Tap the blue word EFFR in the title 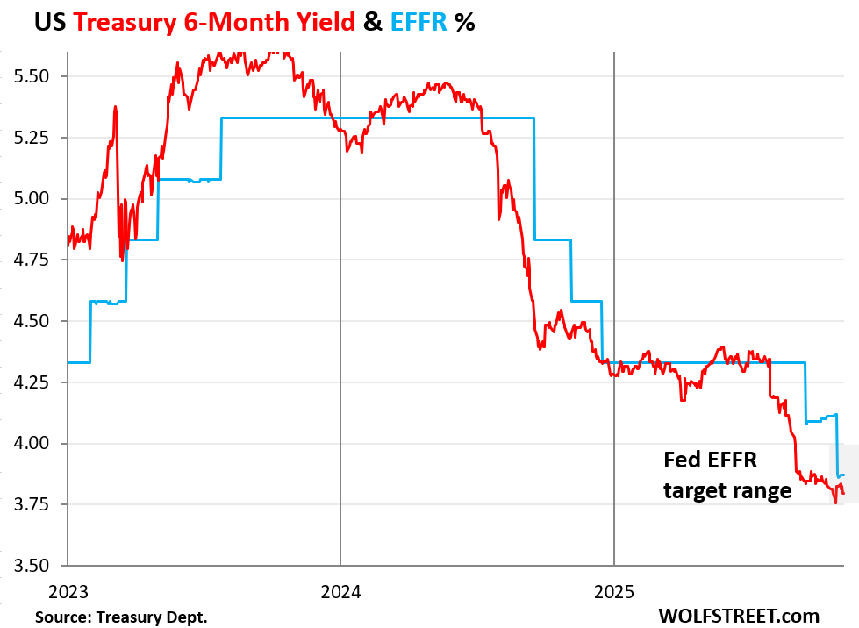(418, 22)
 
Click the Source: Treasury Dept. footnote (121, 617)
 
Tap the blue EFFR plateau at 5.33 (377, 118)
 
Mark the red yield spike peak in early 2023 (115, 108)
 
